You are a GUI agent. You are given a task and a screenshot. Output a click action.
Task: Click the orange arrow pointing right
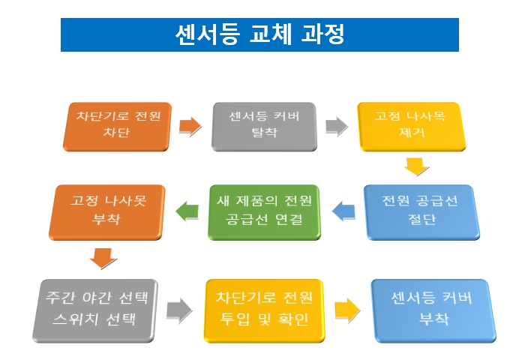click(190, 126)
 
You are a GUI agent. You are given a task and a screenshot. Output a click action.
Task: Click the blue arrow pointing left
click(342, 211)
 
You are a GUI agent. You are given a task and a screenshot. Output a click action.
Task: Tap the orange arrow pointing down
click(103, 258)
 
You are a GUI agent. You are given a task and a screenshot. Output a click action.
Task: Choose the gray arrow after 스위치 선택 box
click(179, 307)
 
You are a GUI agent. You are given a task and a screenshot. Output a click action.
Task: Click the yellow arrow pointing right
click(346, 307)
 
